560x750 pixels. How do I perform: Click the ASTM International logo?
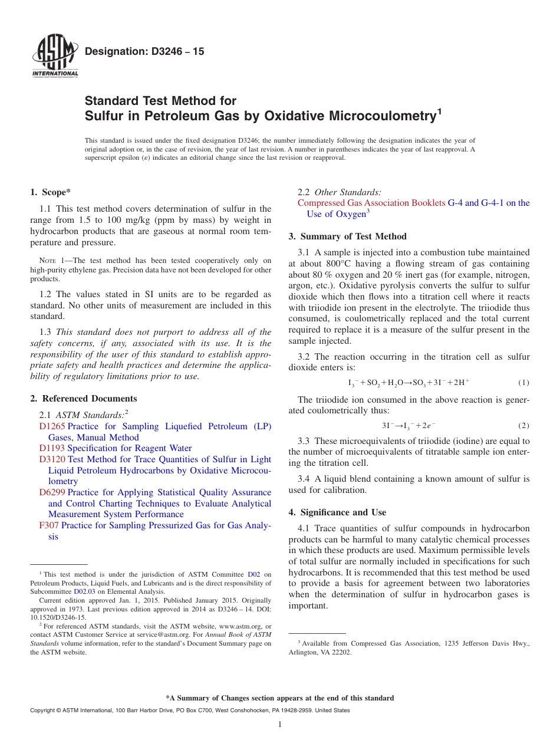coord(55,57)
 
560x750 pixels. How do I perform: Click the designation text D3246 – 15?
coord(144,51)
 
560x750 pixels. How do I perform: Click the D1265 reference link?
coord(52,426)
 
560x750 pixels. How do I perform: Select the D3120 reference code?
coord(52,459)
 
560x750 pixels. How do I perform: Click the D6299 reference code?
coord(52,492)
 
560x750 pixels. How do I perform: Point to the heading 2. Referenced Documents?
coord(84,399)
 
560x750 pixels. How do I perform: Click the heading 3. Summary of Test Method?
coord(347,236)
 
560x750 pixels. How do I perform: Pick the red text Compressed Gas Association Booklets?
coord(371,203)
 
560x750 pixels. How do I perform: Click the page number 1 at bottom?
coord(280,725)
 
